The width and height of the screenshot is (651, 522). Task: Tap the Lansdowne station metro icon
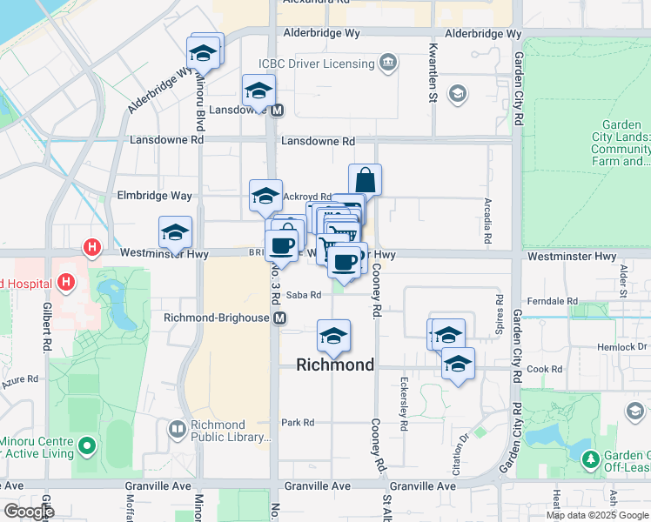278,110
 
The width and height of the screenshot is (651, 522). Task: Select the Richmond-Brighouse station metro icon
280,318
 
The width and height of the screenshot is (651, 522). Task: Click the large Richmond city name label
335,365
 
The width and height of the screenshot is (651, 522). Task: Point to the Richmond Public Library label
218,431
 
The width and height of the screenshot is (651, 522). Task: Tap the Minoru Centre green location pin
85,447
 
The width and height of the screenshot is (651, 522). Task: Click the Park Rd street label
298,423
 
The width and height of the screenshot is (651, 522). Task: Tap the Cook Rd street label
546,369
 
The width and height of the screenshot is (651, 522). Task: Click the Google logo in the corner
30,512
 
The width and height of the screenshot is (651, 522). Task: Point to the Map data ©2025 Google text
596,515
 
